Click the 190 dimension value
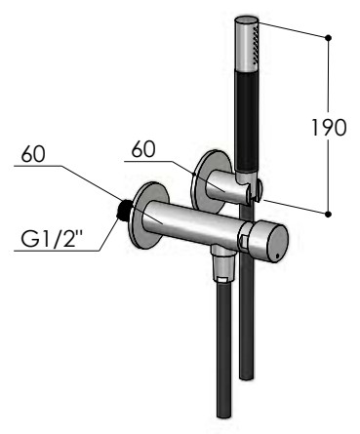329,127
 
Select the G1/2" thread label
51,239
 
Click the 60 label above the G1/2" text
33,154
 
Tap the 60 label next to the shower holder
143,149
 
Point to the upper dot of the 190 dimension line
328,38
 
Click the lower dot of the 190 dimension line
328,214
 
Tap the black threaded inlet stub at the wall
125,209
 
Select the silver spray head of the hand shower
247,46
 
